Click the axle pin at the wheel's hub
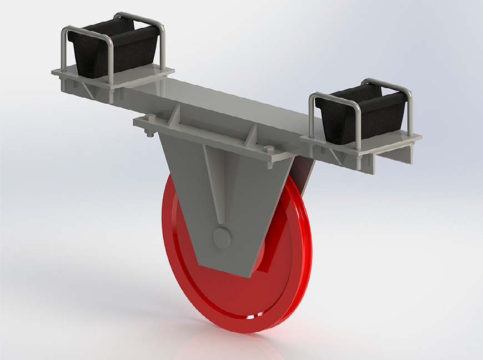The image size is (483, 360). (x=222, y=238)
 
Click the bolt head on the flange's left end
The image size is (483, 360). (x=149, y=132)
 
